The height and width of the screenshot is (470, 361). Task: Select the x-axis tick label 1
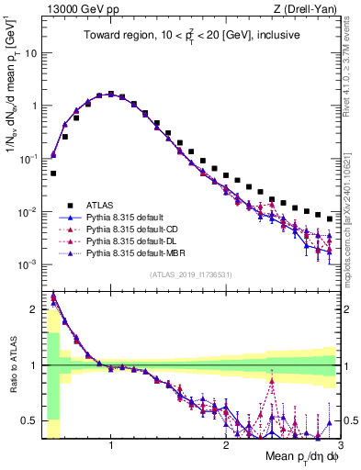click(x=111, y=447)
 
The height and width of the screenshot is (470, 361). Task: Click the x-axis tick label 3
click(x=339, y=447)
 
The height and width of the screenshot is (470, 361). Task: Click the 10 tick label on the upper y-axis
click(x=30, y=52)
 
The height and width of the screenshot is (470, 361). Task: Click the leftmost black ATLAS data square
click(x=53, y=173)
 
